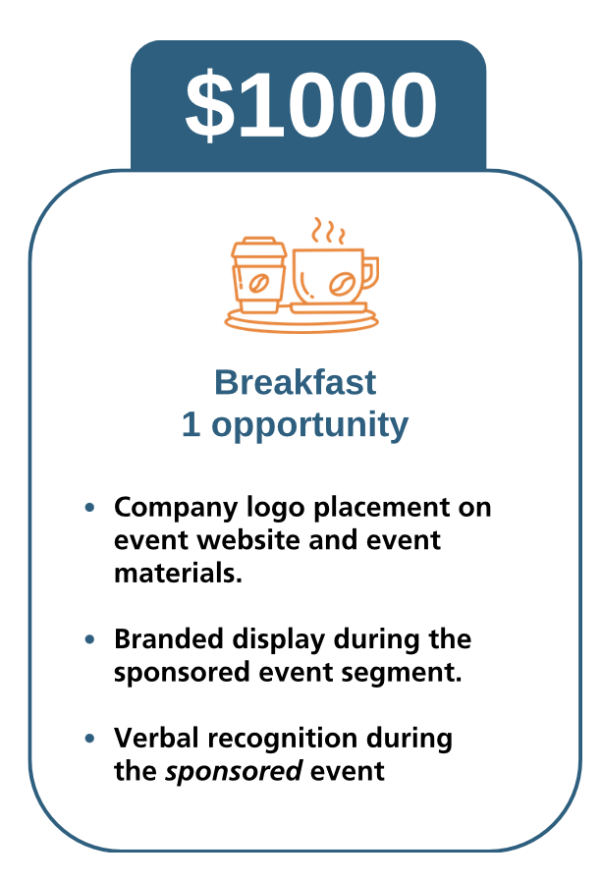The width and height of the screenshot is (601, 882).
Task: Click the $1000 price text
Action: coord(311,105)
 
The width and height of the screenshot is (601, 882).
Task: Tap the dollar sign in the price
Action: coord(209,105)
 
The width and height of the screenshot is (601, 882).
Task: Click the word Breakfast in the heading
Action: coord(296,382)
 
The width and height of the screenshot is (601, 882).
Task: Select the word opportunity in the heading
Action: coord(309,426)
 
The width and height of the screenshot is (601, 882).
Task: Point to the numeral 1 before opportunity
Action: coord(191,424)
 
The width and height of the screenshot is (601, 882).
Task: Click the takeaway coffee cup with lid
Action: coord(258,275)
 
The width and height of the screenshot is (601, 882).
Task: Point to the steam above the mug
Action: coord(329,231)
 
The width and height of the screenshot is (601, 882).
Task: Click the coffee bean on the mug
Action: coord(342,284)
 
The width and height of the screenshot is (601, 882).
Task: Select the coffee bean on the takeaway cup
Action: coord(258,284)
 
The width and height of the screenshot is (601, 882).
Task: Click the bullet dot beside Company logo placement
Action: coord(89,508)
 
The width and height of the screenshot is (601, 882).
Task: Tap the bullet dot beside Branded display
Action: coord(89,639)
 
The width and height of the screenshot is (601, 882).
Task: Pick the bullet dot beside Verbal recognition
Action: coord(89,739)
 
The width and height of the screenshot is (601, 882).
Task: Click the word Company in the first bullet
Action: coord(176,509)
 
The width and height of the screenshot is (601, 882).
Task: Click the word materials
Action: coord(178,574)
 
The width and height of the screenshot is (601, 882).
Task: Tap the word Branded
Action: coord(169,639)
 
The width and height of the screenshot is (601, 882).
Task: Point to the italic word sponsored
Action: coord(234,772)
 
